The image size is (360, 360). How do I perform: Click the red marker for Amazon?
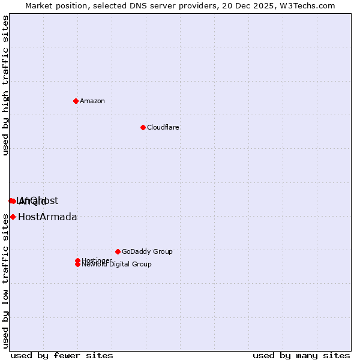(x=76, y=101)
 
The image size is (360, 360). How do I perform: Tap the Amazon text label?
(x=92, y=101)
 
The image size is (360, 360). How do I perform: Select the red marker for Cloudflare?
(x=143, y=127)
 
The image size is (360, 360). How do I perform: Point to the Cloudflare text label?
(x=163, y=127)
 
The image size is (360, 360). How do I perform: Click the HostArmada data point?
(x=13, y=217)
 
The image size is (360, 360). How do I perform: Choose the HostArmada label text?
(x=47, y=217)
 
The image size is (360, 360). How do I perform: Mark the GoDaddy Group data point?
(x=118, y=251)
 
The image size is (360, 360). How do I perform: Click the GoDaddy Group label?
(x=147, y=251)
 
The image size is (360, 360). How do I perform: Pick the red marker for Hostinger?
(x=77, y=260)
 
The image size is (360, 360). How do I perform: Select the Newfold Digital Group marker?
(x=77, y=264)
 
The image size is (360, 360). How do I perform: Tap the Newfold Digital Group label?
(x=117, y=265)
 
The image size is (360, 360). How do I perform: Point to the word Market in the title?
(x=38, y=5)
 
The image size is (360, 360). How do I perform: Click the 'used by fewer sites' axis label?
(x=62, y=355)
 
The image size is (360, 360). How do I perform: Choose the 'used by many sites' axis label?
(x=301, y=355)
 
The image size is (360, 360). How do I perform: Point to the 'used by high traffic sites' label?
(x=5, y=85)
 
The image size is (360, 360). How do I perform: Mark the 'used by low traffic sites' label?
(x=5, y=281)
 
